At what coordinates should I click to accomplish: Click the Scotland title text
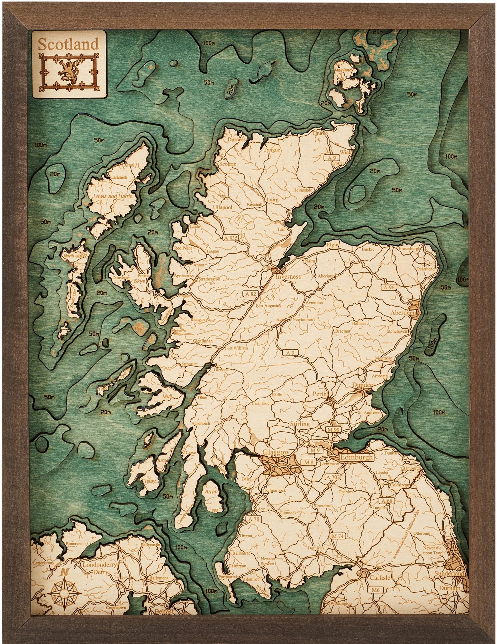pyautogui.click(x=68, y=44)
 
